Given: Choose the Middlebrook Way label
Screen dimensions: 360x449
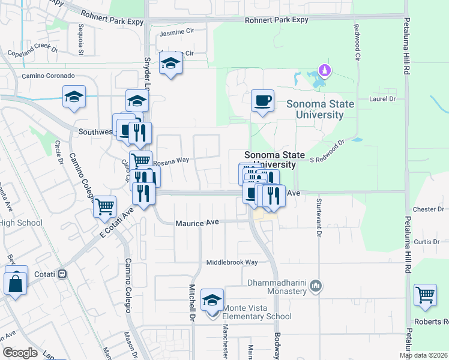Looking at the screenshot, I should click(x=232, y=262).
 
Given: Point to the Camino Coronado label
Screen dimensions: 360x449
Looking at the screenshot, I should click(x=48, y=76).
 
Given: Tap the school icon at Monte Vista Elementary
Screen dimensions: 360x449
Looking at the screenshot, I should click(x=211, y=299).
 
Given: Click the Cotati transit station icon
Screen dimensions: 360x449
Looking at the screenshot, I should click(x=62, y=274).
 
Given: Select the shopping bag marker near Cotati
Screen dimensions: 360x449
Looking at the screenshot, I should click(x=16, y=282).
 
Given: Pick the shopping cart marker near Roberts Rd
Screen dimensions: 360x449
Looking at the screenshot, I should click(x=425, y=295).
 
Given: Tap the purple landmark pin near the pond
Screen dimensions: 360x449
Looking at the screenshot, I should click(x=325, y=71).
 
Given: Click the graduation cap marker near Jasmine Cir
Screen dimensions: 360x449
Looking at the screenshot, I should click(x=171, y=63).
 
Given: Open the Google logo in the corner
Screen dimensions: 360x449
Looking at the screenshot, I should click(x=20, y=352).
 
